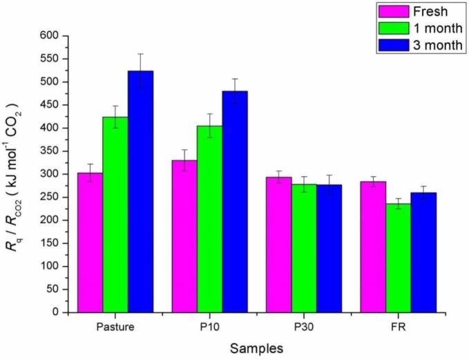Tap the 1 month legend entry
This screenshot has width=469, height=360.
point(420,28)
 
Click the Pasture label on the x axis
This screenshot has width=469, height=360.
point(115,325)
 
